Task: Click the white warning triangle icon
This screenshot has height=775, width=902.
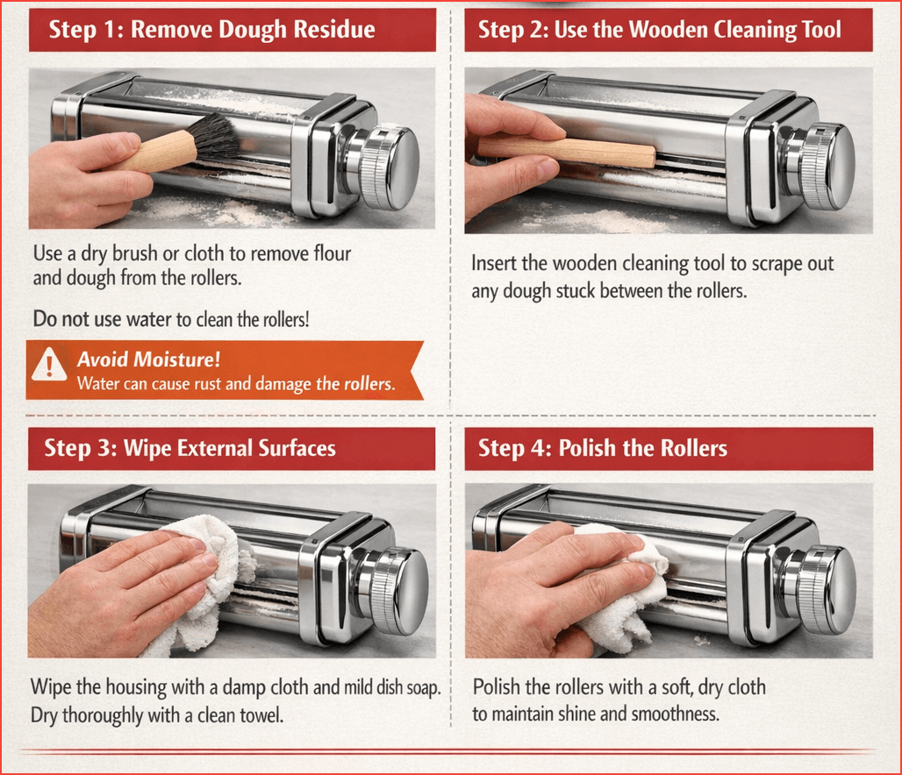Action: pos(49,364)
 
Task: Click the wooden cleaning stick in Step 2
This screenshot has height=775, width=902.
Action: pos(567,151)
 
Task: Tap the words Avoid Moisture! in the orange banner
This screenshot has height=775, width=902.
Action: pos(148,359)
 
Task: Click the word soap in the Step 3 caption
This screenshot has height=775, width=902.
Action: pos(425,687)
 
